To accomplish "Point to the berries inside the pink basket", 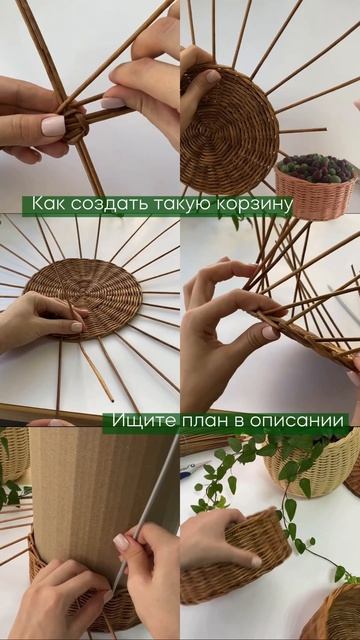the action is (316, 167).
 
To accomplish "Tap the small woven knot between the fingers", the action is (77, 125).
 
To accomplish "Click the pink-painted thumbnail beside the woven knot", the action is (53, 126).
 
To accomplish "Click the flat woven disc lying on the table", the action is (84, 298).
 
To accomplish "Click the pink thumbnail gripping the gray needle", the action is (121, 542).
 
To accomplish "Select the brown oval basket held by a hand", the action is (236, 560).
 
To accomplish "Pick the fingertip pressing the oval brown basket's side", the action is (256, 562).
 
